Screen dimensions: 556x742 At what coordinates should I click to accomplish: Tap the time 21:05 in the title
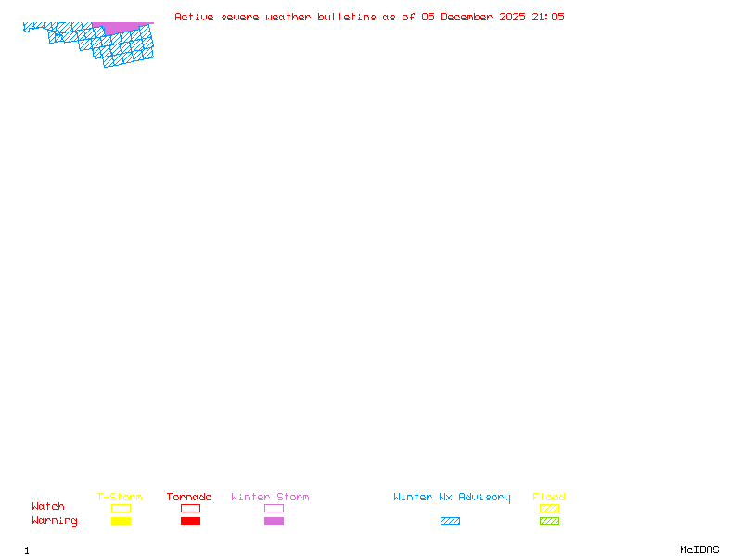pos(548,17)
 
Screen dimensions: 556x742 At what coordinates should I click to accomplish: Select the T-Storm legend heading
pos(120,498)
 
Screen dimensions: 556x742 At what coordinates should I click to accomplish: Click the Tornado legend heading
pos(189,498)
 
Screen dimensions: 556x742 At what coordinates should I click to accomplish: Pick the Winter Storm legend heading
pos(270,498)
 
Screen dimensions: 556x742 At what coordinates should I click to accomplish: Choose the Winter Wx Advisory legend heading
pos(452,498)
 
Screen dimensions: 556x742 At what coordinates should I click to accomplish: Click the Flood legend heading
pos(549,498)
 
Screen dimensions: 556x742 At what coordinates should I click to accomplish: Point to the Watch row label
pos(48,507)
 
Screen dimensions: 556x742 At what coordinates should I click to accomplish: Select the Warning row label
pos(55,521)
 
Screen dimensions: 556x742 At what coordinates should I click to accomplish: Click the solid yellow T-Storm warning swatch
pos(121,522)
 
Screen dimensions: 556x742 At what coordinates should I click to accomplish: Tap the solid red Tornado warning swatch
pos(190,522)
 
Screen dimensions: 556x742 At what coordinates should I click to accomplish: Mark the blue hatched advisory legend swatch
pos(450,522)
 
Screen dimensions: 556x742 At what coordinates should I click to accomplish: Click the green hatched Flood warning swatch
pos(549,522)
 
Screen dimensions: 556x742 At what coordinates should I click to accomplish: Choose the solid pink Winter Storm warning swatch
pos(274,522)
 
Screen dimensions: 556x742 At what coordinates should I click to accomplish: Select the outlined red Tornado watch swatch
pos(190,508)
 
